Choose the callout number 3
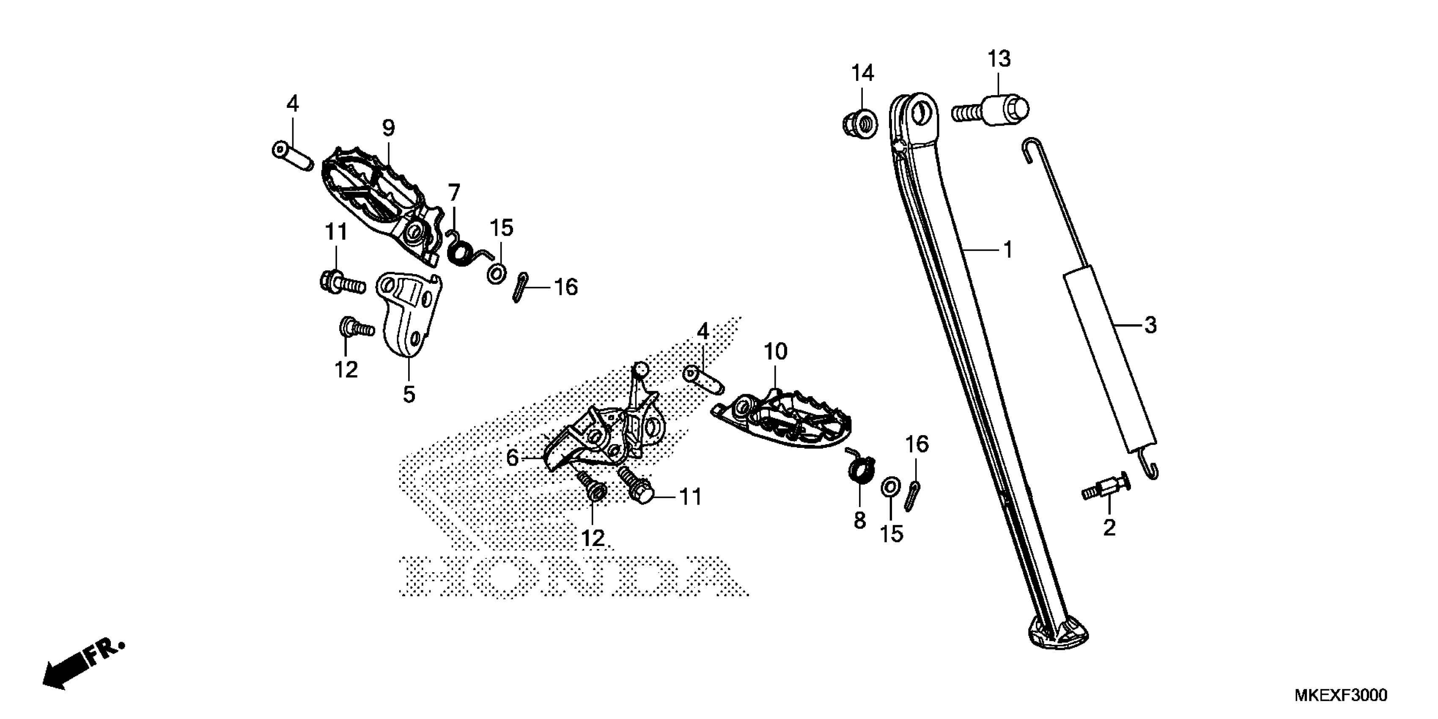tap(1150, 324)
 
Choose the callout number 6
tap(512, 458)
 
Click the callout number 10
tap(775, 352)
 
